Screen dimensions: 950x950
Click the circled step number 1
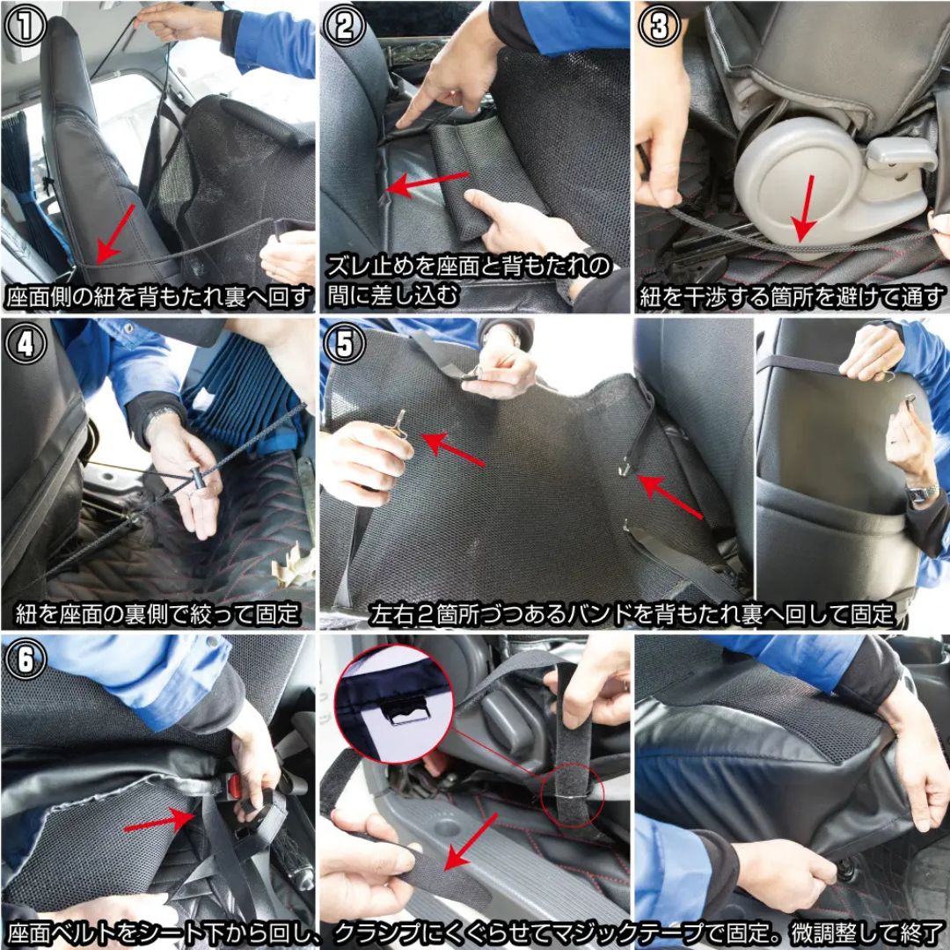pos(26,26)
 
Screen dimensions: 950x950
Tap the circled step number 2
pos(344,26)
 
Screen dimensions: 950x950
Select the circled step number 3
pos(659,26)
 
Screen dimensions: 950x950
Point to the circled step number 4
pos(26,343)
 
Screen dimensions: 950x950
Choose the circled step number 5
pos(344,343)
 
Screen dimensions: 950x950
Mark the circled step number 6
pos(26,659)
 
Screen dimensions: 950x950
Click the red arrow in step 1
pos(115,233)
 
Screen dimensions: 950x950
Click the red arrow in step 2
pos(427,184)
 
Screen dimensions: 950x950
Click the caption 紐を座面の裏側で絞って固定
pos(157,614)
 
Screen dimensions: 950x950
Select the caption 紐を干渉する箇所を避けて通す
pos(792,297)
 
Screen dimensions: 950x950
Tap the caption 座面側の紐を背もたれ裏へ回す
pos(158,297)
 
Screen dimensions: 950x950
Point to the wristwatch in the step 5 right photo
pos(922,493)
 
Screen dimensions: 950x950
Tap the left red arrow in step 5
pos(453,449)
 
